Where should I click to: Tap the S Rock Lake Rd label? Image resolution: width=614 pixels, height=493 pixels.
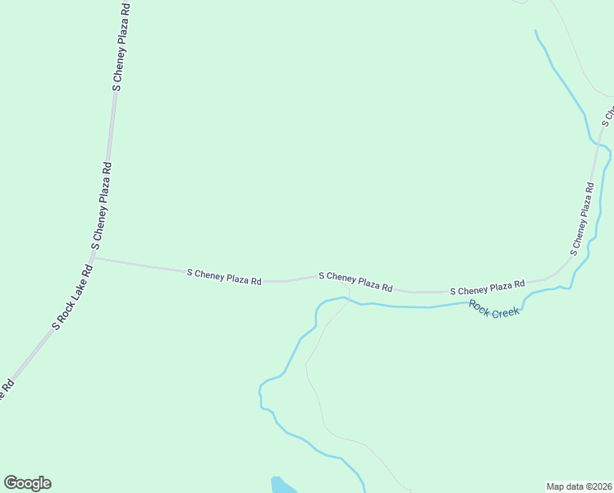tap(73, 297)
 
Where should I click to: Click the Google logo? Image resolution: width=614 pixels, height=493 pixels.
tap(27, 483)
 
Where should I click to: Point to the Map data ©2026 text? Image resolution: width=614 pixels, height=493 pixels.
tap(579, 486)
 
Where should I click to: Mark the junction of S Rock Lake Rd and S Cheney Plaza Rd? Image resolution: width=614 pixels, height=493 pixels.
tap(94, 258)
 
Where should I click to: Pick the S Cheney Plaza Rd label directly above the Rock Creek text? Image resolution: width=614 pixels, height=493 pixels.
tap(487, 288)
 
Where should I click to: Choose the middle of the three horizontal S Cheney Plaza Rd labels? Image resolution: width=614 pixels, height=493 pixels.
tap(355, 282)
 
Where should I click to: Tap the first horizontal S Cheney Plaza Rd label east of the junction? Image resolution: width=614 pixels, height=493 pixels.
tap(224, 276)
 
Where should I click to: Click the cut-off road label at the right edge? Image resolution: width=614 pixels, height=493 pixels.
tap(608, 113)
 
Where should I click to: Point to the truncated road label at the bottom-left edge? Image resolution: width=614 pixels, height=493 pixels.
tap(6, 389)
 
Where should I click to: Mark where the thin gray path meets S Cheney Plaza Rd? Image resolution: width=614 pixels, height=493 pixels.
tap(350, 287)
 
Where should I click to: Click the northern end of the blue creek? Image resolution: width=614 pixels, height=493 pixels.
tap(536, 32)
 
